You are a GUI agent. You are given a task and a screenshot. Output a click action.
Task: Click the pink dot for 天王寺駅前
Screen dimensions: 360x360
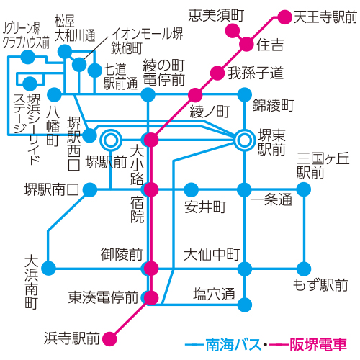[x=284, y=17]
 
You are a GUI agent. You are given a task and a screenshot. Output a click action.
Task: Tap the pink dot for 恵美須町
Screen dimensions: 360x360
[x=233, y=31]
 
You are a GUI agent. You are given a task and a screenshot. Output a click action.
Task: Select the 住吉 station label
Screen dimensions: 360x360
[x=270, y=45]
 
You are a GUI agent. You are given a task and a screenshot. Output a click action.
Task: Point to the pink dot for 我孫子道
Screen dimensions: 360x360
[x=217, y=73]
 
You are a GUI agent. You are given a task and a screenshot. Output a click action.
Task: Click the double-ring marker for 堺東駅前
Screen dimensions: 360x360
[x=244, y=140]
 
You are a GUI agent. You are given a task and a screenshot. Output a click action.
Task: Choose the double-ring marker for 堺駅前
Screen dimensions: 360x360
[x=111, y=140]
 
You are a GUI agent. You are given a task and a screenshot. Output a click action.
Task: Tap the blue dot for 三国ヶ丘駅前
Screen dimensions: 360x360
[x=304, y=189]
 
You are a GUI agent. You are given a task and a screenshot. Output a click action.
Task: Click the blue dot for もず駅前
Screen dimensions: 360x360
[x=304, y=269]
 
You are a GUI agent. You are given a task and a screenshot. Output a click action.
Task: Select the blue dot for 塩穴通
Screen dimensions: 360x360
[x=245, y=305]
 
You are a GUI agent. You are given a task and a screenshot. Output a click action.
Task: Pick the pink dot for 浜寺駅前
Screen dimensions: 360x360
[x=109, y=339]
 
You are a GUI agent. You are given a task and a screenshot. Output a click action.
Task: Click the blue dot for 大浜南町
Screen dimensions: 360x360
[x=49, y=268]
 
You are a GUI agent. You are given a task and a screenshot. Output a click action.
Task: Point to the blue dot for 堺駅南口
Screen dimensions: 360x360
[x=90, y=190]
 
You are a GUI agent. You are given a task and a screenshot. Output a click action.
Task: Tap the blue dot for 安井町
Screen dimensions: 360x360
[x=191, y=190]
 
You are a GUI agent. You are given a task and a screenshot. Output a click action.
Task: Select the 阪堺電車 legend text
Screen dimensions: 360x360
[x=318, y=345]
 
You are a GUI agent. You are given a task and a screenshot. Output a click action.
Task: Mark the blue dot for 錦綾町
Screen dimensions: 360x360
[x=244, y=95]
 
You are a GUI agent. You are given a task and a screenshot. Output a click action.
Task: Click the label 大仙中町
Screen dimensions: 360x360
[x=212, y=254]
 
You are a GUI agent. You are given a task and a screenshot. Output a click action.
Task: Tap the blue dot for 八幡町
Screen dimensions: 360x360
[x=55, y=94]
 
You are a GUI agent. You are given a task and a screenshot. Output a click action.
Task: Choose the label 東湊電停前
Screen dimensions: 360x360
[x=103, y=297]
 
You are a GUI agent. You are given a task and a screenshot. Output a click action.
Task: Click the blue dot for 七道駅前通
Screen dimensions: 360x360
[x=95, y=71]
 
